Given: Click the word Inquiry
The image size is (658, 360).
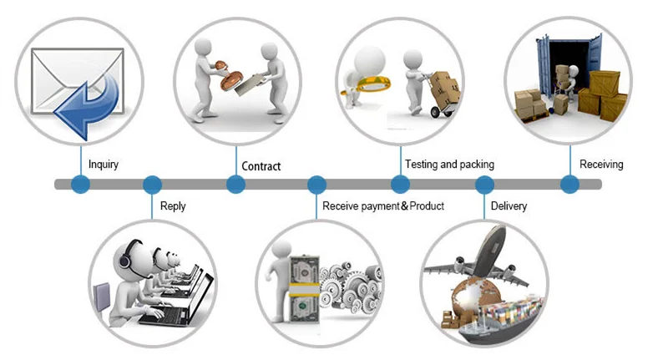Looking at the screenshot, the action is (103, 165).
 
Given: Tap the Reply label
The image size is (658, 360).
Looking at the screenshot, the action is (174, 205).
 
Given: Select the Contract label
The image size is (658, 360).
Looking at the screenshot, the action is (261, 166).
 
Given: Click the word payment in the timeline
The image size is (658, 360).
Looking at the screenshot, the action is (378, 205).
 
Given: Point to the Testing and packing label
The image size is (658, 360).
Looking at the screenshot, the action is (449, 165).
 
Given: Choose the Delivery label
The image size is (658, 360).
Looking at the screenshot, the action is (509, 205).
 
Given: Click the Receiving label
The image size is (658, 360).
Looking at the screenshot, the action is (601, 165).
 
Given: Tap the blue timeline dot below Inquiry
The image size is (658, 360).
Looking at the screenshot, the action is (80, 185).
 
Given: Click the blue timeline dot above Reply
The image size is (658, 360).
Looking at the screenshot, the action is (152, 185).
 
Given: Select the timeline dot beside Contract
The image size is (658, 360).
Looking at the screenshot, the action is (236, 185).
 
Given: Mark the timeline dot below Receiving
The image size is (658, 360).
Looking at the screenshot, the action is (569, 185).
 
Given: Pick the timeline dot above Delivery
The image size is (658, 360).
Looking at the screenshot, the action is (485, 185).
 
